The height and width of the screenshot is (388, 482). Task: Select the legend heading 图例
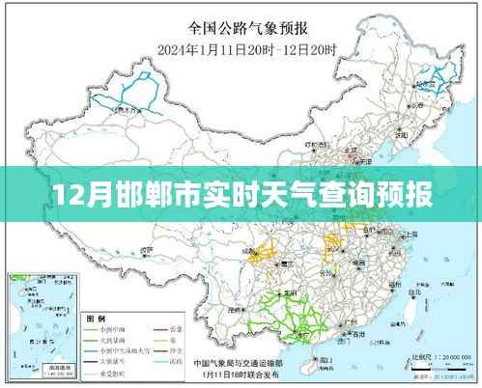[x=97, y=318]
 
